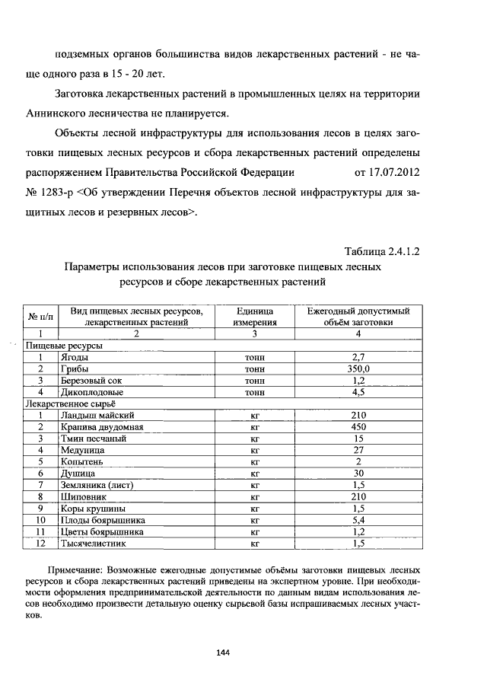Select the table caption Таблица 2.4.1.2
pos(382,251)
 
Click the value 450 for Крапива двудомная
pos(359,427)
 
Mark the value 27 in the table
pos(359,450)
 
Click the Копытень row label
pos(81,461)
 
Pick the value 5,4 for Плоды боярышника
pos(359,520)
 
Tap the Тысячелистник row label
pos(94,544)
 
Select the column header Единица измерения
pos(254,317)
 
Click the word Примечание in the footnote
pos(77,569)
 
